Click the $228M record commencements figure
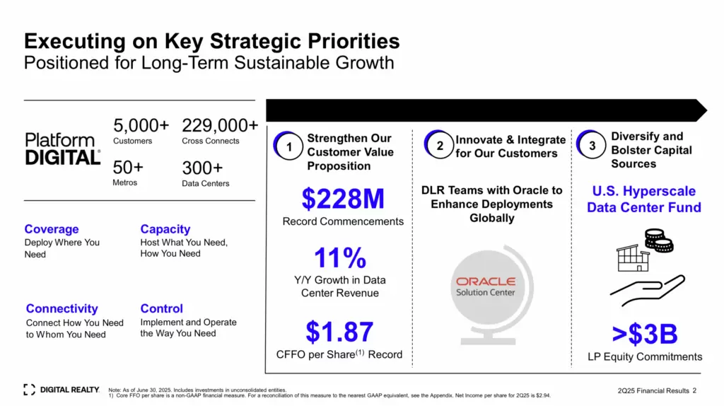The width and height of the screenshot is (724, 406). [343, 199]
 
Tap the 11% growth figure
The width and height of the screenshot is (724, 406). [340, 257]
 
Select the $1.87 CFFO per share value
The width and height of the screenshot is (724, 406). [339, 332]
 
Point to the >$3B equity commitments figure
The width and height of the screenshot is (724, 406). [645, 334]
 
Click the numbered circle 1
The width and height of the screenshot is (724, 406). [288, 146]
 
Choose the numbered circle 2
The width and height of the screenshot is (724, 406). [438, 144]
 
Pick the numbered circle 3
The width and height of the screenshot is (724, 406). [591, 144]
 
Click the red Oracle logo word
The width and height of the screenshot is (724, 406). [486, 282]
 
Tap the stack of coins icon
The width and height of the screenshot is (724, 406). [659, 240]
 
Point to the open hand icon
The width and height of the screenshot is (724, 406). [648, 290]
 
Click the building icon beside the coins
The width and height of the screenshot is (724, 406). [633, 257]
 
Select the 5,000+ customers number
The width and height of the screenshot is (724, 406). [141, 125]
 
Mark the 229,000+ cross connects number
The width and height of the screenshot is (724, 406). [220, 125]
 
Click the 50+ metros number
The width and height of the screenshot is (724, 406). [128, 167]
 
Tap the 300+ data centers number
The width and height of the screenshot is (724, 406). [202, 168]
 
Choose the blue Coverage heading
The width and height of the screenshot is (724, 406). [51, 229]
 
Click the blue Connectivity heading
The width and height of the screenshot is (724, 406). [62, 308]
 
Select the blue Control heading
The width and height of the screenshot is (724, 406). [162, 308]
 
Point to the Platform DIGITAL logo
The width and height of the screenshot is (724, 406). [63, 149]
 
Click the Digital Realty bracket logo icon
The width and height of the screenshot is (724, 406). [29, 390]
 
